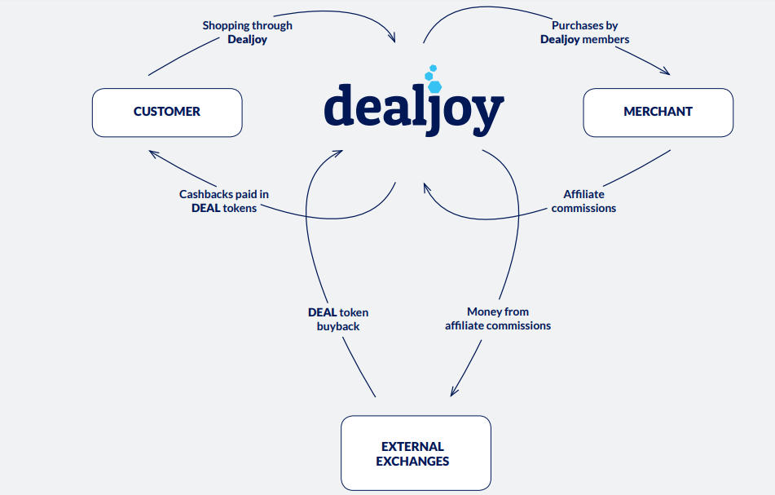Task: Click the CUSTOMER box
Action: pos(167,113)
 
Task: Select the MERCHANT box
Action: pos(658,113)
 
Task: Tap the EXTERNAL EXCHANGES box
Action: pos(416,453)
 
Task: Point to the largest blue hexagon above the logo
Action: pos(435,86)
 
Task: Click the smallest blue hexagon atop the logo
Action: pos(433,68)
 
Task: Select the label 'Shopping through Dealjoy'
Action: pos(247,32)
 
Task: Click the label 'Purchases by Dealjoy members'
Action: pos(584,32)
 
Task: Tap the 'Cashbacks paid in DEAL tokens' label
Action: pos(224,201)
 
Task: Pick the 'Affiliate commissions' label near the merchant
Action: pos(583,201)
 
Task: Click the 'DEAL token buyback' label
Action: pos(338,320)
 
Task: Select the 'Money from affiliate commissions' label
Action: pos(498,319)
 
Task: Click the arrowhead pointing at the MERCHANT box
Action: pos(665,72)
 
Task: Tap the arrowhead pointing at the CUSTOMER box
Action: pos(154,154)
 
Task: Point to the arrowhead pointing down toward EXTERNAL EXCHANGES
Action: pos(454,391)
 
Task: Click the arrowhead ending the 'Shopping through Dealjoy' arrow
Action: pos(392,37)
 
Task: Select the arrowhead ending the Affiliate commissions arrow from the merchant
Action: pos(427,188)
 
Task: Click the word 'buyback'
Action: pos(338,326)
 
